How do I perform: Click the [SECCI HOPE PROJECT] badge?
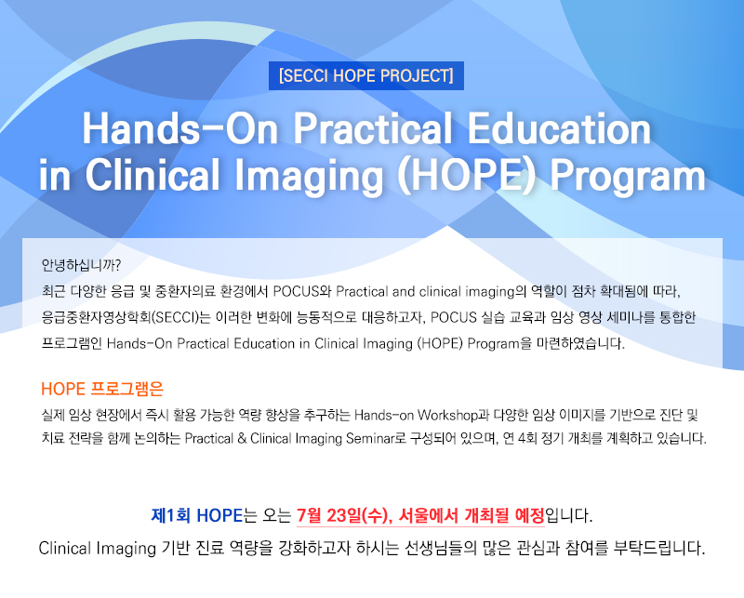(366, 75)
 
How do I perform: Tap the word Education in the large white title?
(559, 128)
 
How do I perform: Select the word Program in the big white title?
(628, 176)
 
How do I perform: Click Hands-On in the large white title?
(179, 128)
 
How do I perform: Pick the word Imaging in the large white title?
(309, 176)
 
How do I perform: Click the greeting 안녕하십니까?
(81, 265)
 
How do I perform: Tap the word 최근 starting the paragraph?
(53, 291)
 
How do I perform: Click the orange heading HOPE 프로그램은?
(102, 389)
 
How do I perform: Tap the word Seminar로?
(376, 438)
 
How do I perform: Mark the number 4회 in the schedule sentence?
(527, 438)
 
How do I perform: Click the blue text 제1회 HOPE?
(197, 515)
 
